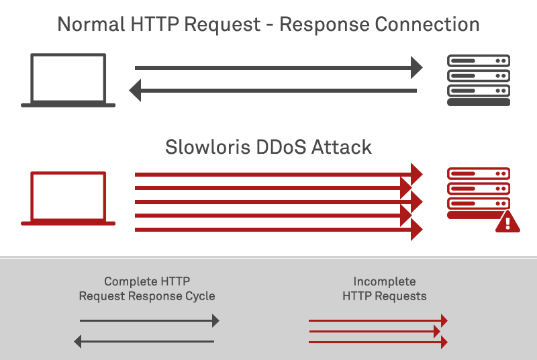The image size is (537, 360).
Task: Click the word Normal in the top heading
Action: (x=93, y=25)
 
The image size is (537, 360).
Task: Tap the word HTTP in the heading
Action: (x=158, y=25)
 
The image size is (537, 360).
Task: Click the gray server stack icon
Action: (x=479, y=80)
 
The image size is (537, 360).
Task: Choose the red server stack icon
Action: (x=477, y=192)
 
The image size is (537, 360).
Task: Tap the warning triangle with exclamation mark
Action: (x=508, y=221)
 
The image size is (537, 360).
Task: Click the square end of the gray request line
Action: (x=417, y=67)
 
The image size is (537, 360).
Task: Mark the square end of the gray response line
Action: (x=134, y=90)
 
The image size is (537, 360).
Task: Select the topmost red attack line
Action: (x=268, y=175)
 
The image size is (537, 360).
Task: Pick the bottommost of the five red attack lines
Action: (x=268, y=230)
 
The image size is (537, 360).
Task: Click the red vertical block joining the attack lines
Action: (x=416, y=201)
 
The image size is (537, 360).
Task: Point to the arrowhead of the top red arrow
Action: (x=444, y=320)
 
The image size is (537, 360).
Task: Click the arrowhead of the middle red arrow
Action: (x=437, y=331)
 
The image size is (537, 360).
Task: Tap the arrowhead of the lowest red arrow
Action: (x=444, y=342)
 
